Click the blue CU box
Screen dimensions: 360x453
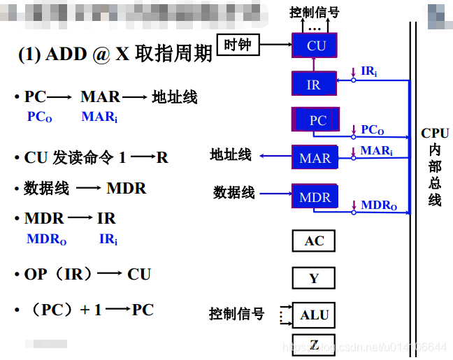(316, 46)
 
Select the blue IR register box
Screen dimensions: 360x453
(313, 85)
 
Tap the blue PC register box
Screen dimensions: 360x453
(316, 120)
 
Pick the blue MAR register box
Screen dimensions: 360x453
(315, 157)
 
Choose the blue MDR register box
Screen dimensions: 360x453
(315, 197)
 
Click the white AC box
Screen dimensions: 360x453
(314, 241)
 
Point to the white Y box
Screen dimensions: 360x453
(314, 278)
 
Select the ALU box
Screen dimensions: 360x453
(314, 315)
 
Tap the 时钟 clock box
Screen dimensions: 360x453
(237, 45)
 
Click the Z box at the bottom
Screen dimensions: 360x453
(314, 345)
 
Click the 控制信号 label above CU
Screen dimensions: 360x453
(314, 12)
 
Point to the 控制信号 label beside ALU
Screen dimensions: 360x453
(236, 314)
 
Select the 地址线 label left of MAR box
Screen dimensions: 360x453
(231, 154)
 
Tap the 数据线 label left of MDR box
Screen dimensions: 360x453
(233, 192)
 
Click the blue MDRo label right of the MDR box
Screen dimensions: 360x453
(379, 206)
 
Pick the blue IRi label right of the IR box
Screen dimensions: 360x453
(369, 71)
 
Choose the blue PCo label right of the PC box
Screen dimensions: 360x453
(373, 130)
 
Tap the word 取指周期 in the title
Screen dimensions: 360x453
(173, 55)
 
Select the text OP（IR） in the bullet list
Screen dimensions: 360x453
(59, 274)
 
